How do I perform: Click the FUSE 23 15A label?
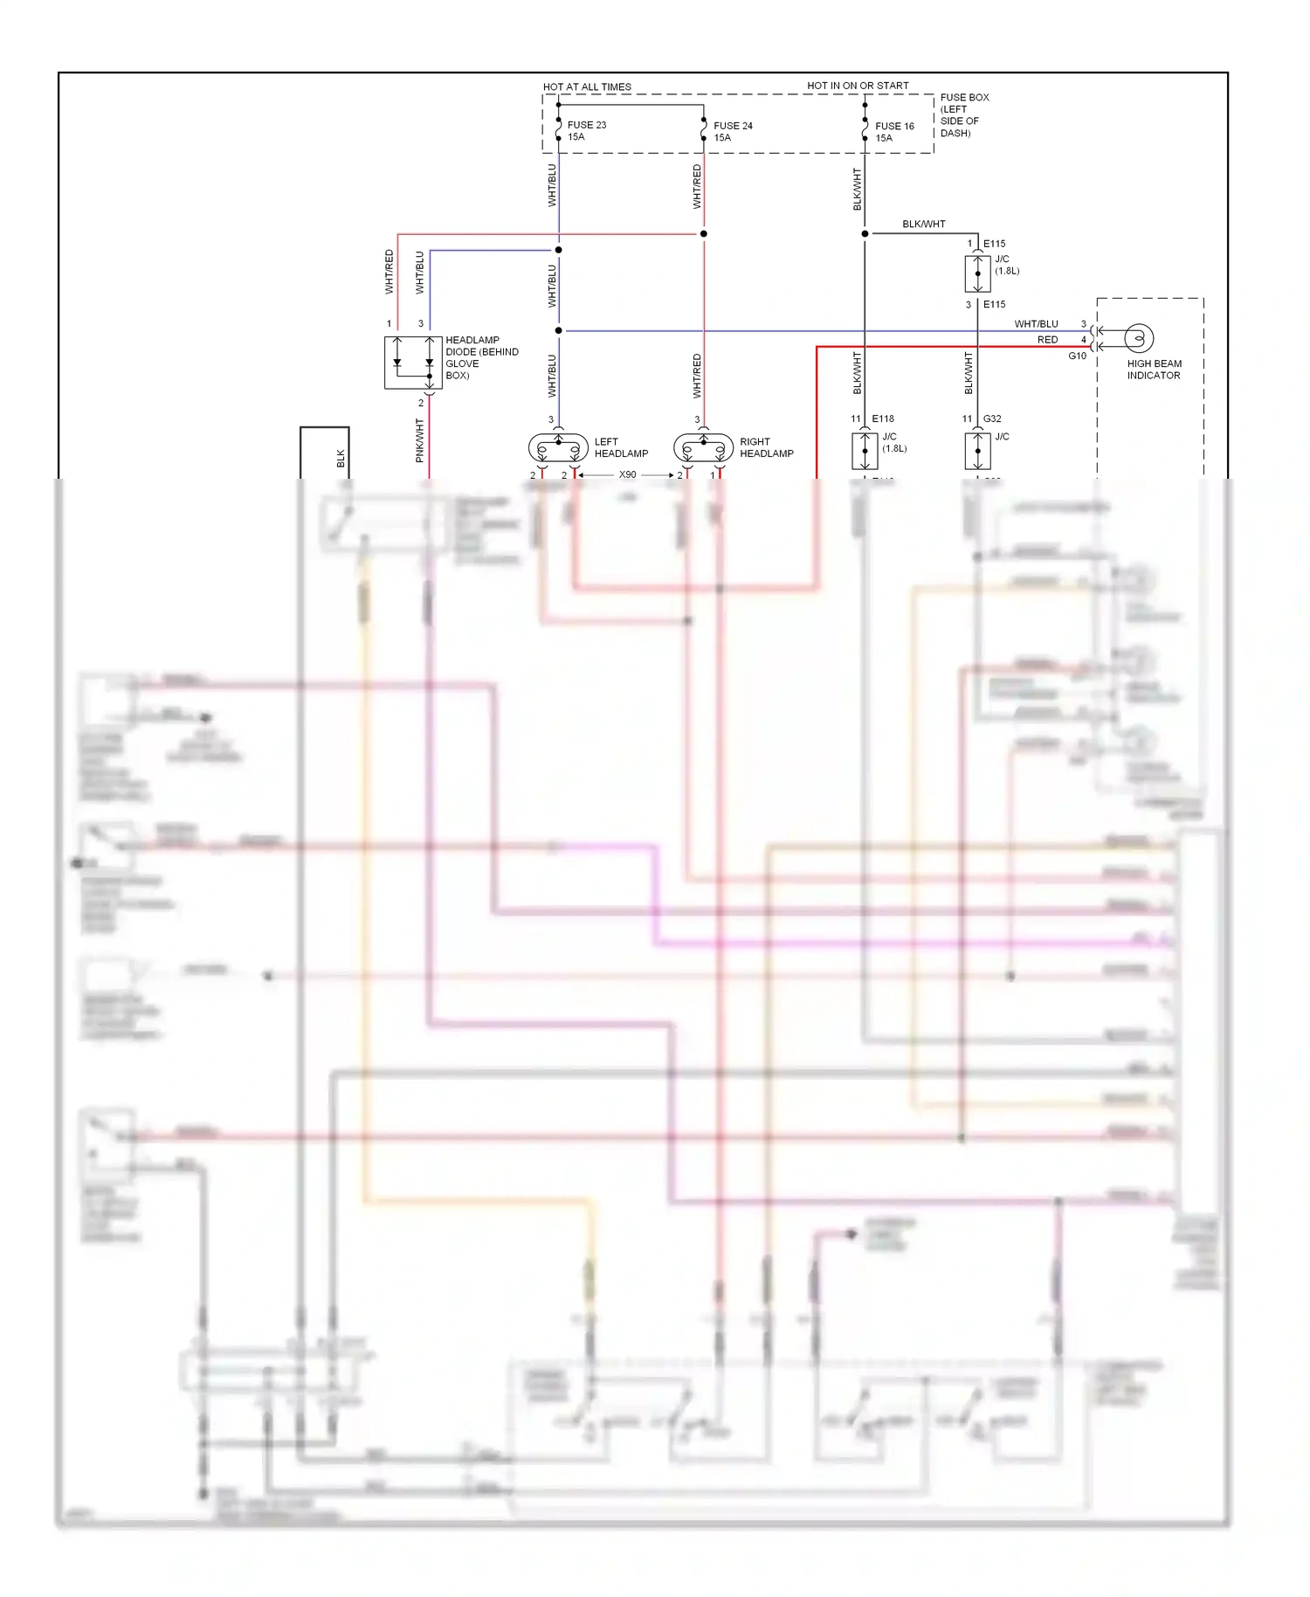coord(586,131)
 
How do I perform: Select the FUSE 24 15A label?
coord(732,132)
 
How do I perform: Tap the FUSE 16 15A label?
coord(893,132)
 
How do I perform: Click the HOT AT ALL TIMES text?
coord(587,87)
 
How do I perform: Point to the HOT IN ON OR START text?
coord(858,86)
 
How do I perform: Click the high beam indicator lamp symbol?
coord(1137,338)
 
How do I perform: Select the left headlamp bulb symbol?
coord(558,449)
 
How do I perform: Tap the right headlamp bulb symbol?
coord(703,449)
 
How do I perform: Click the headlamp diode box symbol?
coord(413,363)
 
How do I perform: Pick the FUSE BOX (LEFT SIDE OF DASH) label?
coord(963,115)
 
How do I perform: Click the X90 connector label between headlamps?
coord(627,475)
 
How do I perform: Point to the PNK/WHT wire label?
coord(420,440)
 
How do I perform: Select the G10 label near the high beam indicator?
coord(1077,356)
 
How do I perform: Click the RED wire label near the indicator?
coord(1047,340)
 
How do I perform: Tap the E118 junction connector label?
coord(882,419)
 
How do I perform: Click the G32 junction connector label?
coord(992,419)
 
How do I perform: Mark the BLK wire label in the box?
coord(341,458)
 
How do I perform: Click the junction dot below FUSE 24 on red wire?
coord(704,234)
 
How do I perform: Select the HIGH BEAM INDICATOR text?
coord(1153,370)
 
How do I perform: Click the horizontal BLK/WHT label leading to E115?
coord(923,225)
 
